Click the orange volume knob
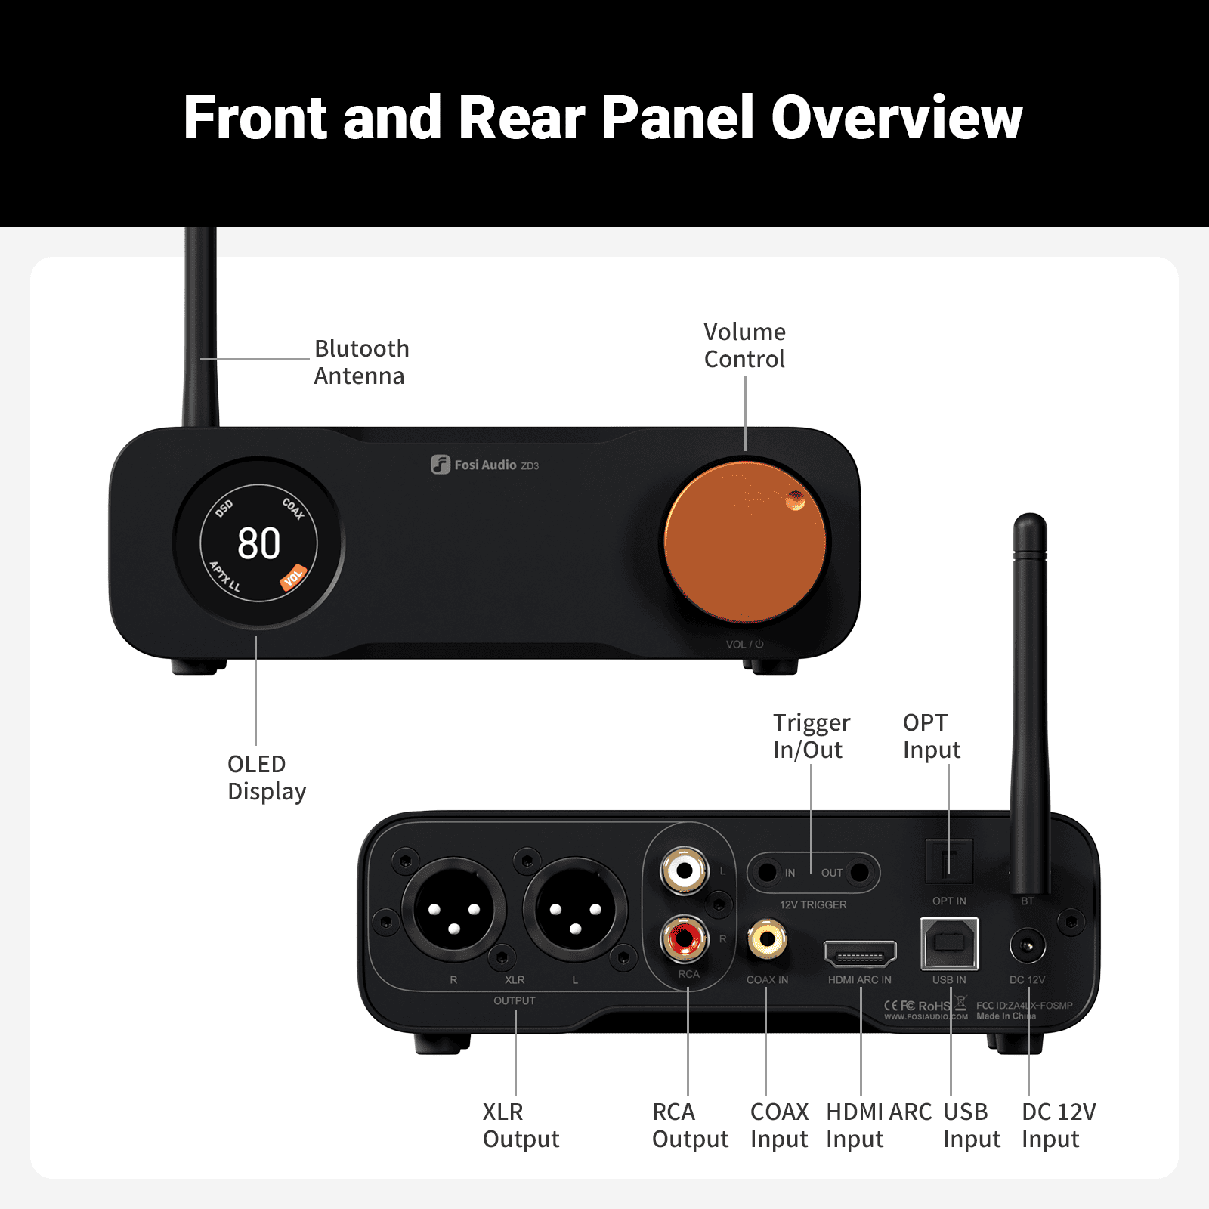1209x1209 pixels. (x=745, y=542)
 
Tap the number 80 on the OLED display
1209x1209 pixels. (x=258, y=543)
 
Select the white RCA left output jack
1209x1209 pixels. (x=685, y=870)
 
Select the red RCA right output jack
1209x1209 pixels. (x=685, y=939)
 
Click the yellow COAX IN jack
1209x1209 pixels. (x=767, y=940)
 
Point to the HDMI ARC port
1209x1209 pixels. (x=860, y=955)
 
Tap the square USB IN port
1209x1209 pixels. (x=949, y=943)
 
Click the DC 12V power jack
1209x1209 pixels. (x=1027, y=946)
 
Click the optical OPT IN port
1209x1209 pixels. (x=949, y=861)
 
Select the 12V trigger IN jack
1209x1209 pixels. (x=768, y=873)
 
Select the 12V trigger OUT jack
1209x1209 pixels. (x=859, y=873)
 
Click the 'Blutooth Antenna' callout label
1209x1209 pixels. (x=361, y=362)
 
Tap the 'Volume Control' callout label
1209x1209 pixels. (x=744, y=345)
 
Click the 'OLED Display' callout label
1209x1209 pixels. (x=266, y=778)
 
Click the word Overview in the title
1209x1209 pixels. (x=896, y=118)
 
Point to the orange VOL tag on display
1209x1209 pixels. (x=293, y=577)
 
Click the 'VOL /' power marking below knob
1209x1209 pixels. (x=744, y=645)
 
